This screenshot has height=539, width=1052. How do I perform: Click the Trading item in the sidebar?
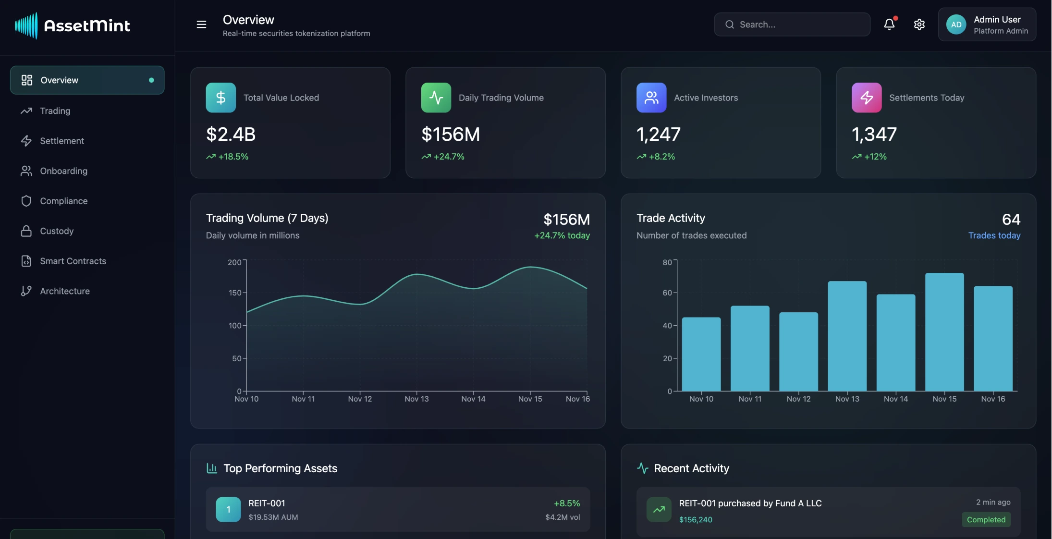click(55, 111)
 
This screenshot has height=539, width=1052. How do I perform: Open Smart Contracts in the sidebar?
click(73, 261)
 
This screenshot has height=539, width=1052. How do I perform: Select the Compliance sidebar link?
click(63, 201)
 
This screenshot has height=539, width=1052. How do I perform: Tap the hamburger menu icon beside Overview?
click(201, 24)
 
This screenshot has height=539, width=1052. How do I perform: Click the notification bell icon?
click(889, 24)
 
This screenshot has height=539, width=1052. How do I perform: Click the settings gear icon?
click(919, 24)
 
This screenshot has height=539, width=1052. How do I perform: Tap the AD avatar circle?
click(956, 24)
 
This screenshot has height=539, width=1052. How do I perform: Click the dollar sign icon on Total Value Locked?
click(220, 98)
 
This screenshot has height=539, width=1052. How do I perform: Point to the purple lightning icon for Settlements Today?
click(866, 98)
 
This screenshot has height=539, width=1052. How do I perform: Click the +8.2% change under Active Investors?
click(661, 157)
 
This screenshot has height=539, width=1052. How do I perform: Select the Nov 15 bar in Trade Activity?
click(944, 331)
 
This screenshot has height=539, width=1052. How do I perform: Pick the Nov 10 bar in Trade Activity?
click(701, 354)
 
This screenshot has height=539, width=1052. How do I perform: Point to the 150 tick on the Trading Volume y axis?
click(234, 293)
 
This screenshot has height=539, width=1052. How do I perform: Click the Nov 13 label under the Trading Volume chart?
click(416, 399)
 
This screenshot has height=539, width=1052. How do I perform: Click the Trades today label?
click(994, 235)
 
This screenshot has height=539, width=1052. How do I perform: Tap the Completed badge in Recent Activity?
click(986, 520)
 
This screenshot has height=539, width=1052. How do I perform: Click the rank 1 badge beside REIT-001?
click(228, 510)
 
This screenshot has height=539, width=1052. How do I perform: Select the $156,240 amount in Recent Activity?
click(695, 520)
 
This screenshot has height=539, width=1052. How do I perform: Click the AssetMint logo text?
click(87, 25)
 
